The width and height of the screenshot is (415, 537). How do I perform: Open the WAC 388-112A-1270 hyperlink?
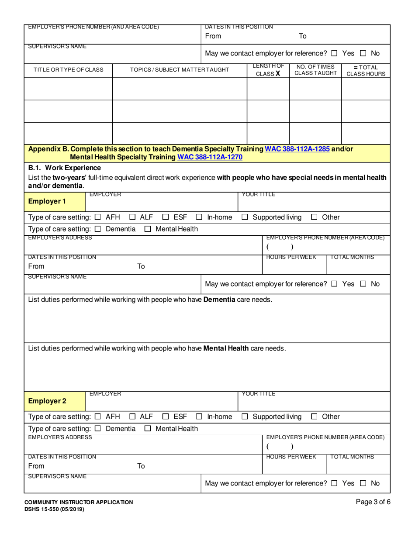[x=207, y=157]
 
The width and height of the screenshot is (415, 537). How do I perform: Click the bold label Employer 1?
[x=44, y=201]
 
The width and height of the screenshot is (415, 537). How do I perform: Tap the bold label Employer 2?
[x=44, y=400]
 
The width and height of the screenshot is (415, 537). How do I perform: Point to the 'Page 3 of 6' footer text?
[x=373, y=502]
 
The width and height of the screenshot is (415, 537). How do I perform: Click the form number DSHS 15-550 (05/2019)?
[x=54, y=509]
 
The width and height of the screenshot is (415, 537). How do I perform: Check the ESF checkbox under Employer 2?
[x=166, y=417]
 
